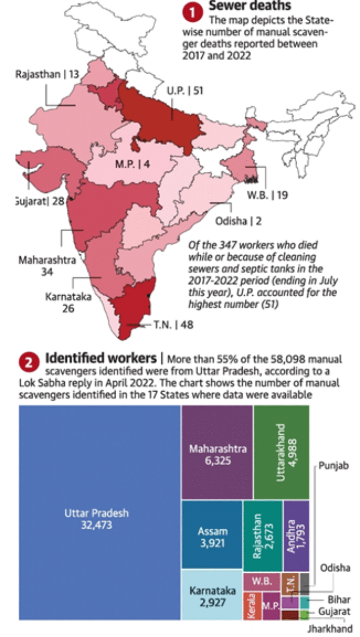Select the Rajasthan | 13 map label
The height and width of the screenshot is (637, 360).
tap(47, 74)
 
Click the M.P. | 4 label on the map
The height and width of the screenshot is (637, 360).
tap(132, 165)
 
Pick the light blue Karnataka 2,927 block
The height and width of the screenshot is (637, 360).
tap(211, 596)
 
